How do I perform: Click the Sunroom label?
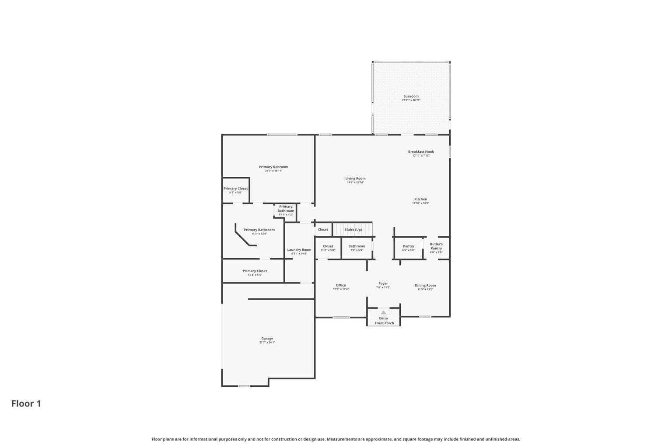[x=411, y=96]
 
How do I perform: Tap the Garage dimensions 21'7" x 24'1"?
[x=267, y=343]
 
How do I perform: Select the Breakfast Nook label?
[x=421, y=152]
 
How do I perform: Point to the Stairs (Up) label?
[x=353, y=230]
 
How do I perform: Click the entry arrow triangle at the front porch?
[x=383, y=312]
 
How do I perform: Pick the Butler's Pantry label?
[x=436, y=246]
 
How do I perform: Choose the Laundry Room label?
[x=299, y=250]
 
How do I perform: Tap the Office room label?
[x=341, y=285]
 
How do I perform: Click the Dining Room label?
[x=425, y=285]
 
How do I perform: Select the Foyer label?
[x=383, y=283]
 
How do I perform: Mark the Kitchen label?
[x=421, y=199]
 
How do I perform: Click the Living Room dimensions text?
[x=355, y=182]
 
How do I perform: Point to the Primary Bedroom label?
[x=273, y=167]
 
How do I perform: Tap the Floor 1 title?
[x=26, y=403]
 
